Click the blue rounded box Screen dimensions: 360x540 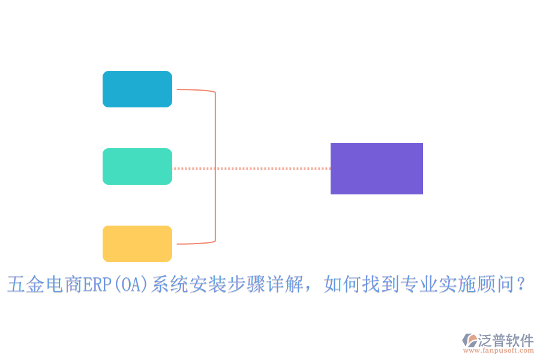coord(137,89)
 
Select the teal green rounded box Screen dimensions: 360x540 coord(137,166)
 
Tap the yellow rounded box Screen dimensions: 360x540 coord(137,244)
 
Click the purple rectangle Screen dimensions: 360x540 coord(377,169)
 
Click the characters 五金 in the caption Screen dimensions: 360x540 coord(26,284)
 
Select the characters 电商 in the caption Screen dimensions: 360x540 coord(64,284)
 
